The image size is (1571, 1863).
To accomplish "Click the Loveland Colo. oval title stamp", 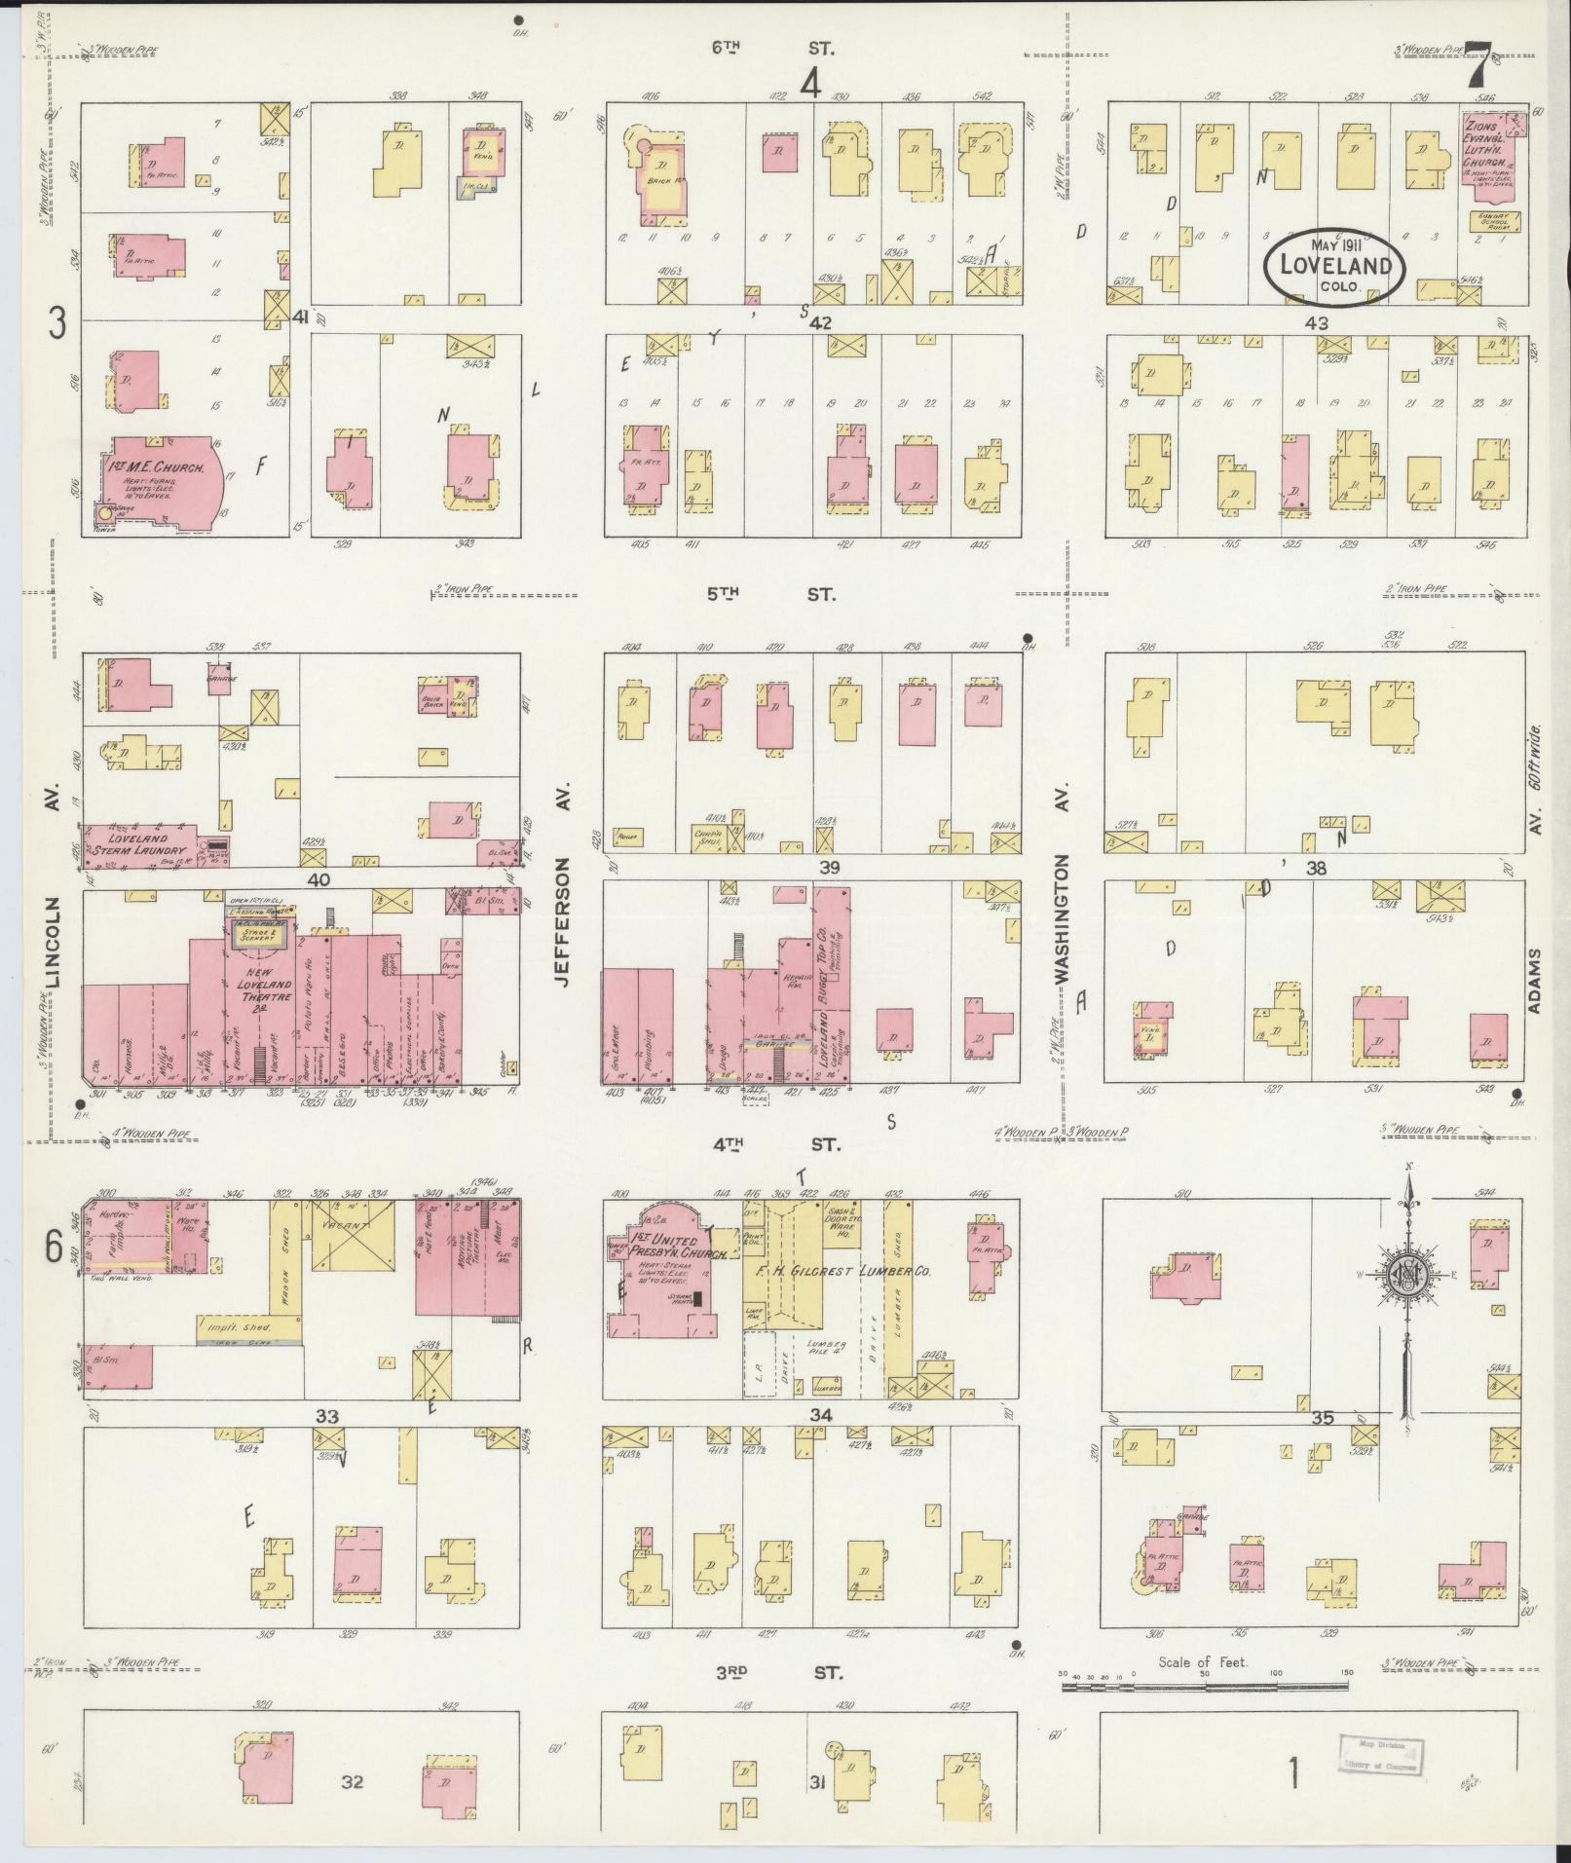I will click(x=1334, y=264).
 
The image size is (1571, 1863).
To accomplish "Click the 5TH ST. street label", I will click(x=769, y=594).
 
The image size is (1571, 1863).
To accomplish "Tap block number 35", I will click(x=1323, y=1418).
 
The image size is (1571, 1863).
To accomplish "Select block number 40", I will click(x=318, y=879).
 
